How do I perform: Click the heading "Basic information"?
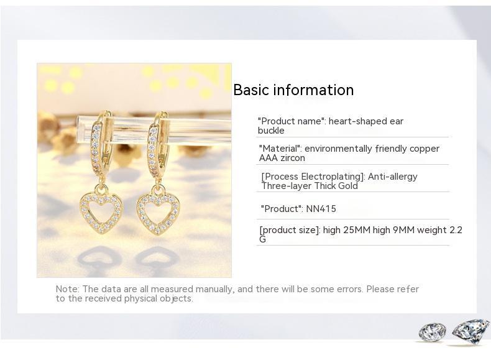[293, 90]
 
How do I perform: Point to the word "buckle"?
[271, 131]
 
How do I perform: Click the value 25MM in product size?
[357, 230]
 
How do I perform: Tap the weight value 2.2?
[456, 230]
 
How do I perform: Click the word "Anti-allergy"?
[392, 177]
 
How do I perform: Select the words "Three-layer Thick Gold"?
[310, 186]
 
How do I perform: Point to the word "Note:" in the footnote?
[67, 289]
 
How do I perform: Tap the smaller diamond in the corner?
[432, 332]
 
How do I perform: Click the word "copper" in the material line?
[423, 149]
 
